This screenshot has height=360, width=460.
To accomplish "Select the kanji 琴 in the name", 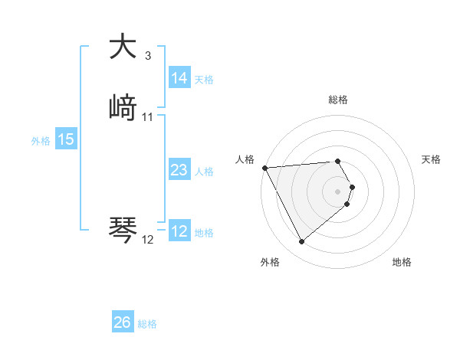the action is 123,230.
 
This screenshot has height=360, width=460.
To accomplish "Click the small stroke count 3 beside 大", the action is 147,56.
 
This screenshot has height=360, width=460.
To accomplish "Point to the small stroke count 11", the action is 148,117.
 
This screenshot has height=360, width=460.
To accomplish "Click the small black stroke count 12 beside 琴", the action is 148,240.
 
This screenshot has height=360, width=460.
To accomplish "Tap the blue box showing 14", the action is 179,78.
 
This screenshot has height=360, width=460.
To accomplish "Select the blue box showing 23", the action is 179,170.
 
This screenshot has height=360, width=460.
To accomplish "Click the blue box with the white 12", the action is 179,231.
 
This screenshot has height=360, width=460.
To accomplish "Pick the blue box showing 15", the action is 65,139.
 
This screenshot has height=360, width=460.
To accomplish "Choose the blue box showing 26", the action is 122,322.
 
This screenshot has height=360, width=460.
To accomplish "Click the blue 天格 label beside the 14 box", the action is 204,80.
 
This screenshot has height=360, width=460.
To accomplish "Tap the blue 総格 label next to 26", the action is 147,324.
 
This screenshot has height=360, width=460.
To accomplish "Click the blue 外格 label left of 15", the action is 41,141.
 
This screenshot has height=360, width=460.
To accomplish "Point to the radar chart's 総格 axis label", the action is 337,100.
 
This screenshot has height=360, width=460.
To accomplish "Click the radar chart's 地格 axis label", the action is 402,262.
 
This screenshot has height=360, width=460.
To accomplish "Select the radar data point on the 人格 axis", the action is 264,168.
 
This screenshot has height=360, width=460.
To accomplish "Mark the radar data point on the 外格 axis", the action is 301,242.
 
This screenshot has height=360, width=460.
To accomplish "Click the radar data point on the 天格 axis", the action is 352,187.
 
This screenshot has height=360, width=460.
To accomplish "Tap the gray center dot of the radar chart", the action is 337,191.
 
